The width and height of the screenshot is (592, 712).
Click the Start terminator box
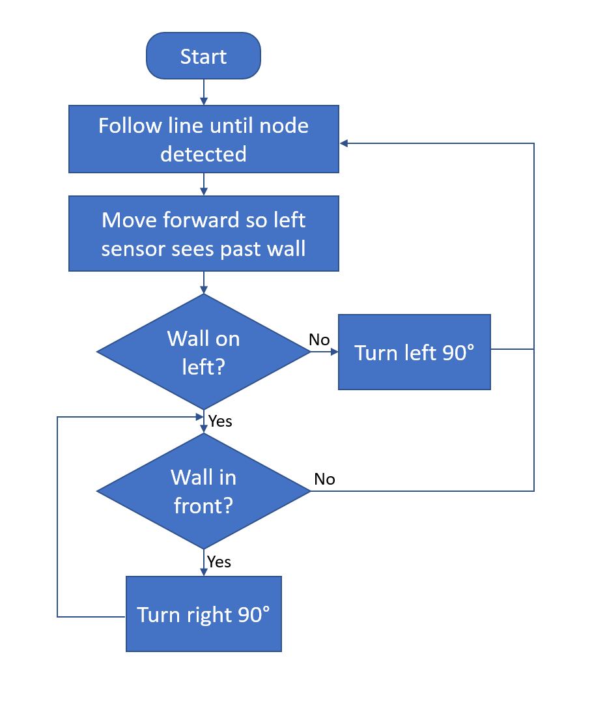click(203, 57)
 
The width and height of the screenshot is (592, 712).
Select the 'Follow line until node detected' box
click(203, 139)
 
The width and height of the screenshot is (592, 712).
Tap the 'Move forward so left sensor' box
click(203, 234)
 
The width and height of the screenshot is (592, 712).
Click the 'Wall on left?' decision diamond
click(203, 352)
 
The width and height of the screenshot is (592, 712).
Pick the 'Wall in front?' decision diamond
click(203, 491)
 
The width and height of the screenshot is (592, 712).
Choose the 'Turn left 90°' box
click(414, 352)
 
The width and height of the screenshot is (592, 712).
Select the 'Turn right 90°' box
click(203, 614)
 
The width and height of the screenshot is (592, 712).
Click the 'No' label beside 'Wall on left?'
click(319, 339)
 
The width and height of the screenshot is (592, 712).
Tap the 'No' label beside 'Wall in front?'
click(324, 479)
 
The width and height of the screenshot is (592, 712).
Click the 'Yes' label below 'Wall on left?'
click(220, 421)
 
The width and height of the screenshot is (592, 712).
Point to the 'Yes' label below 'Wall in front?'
click(219, 562)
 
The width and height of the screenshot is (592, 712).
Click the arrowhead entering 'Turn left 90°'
click(334, 352)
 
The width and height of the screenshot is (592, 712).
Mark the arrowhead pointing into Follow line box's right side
click(344, 143)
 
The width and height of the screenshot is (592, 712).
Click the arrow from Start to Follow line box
click(204, 92)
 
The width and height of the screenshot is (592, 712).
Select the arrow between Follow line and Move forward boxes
click(204, 184)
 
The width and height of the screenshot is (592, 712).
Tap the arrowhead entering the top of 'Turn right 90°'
click(204, 571)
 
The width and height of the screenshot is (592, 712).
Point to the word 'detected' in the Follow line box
click(203, 154)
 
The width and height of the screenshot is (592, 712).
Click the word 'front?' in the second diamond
click(203, 506)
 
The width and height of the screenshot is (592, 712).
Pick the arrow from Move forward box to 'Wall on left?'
click(204, 282)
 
